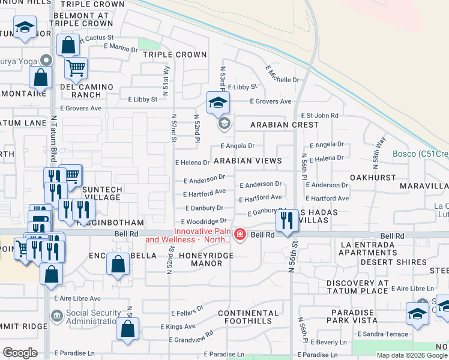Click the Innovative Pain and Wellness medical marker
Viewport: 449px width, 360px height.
point(240,234)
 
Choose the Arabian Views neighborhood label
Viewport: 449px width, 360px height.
point(248,161)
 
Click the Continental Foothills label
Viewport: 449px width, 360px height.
point(249,317)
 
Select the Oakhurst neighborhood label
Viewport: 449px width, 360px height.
point(373,178)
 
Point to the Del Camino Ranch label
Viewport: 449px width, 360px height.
point(86,91)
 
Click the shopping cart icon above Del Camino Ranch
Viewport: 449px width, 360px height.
point(76,68)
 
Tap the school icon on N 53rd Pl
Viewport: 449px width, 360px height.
point(218,102)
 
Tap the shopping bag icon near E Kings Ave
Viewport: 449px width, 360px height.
point(127,329)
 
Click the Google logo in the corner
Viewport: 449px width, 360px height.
point(20,353)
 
